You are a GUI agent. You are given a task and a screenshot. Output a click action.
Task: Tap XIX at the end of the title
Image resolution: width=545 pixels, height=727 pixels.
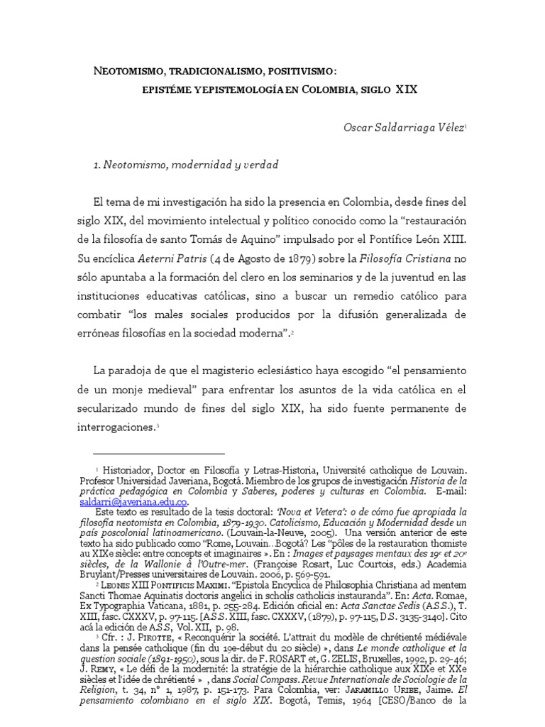406,90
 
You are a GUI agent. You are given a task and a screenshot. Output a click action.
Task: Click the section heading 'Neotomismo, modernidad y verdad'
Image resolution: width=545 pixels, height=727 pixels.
187,165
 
